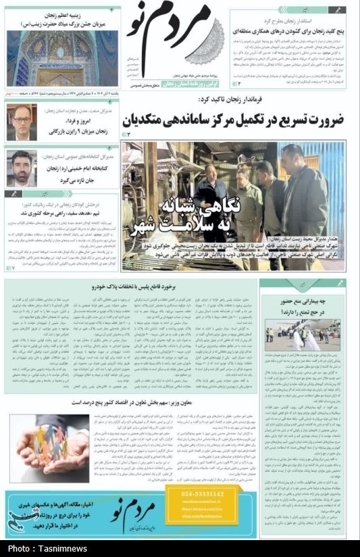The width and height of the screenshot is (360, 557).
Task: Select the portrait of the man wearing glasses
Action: click(21, 122)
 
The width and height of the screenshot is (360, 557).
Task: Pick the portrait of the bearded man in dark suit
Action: click(21, 168)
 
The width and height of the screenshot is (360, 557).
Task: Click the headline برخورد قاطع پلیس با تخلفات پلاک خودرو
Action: click(132, 287)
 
